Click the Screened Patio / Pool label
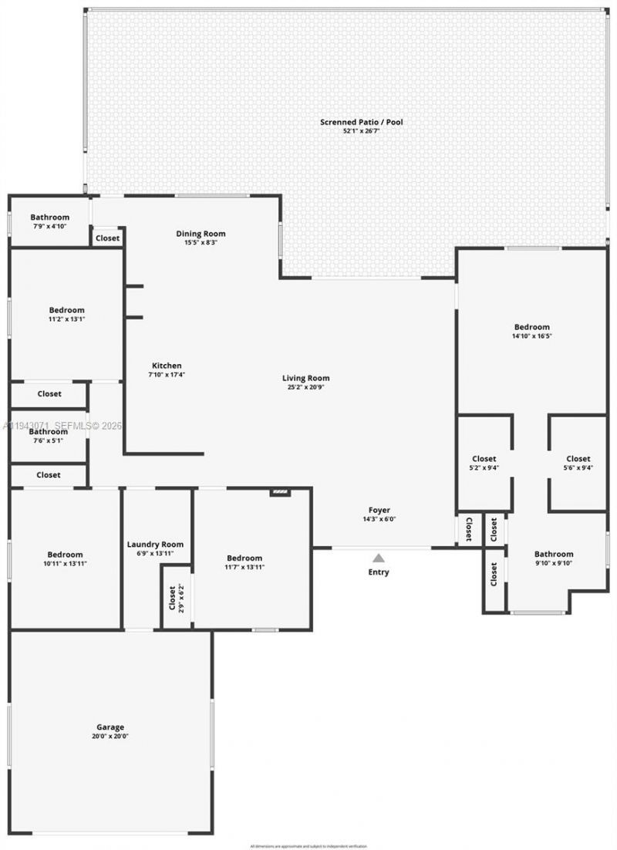362,122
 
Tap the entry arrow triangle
379,558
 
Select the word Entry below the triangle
379,572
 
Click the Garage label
110,727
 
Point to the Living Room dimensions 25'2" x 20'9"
305,387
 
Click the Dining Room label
201,234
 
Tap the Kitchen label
167,366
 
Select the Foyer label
379,510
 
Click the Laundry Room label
155,545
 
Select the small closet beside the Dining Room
108,238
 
